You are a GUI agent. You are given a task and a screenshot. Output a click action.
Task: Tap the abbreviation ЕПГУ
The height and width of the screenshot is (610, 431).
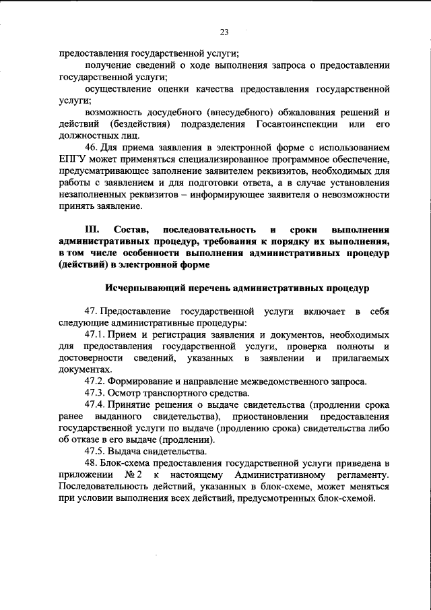[x=73, y=158]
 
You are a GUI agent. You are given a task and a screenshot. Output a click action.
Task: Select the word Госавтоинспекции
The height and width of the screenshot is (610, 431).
[x=291, y=126]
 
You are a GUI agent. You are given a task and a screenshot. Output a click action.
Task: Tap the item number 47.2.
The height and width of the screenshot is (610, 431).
[x=96, y=382]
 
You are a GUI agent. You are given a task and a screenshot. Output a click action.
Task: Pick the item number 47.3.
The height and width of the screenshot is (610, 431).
[x=96, y=393]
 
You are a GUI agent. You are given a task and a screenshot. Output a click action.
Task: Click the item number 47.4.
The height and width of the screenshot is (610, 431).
[x=96, y=404]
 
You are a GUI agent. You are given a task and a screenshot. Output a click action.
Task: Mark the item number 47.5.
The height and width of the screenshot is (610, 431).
[x=96, y=451]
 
